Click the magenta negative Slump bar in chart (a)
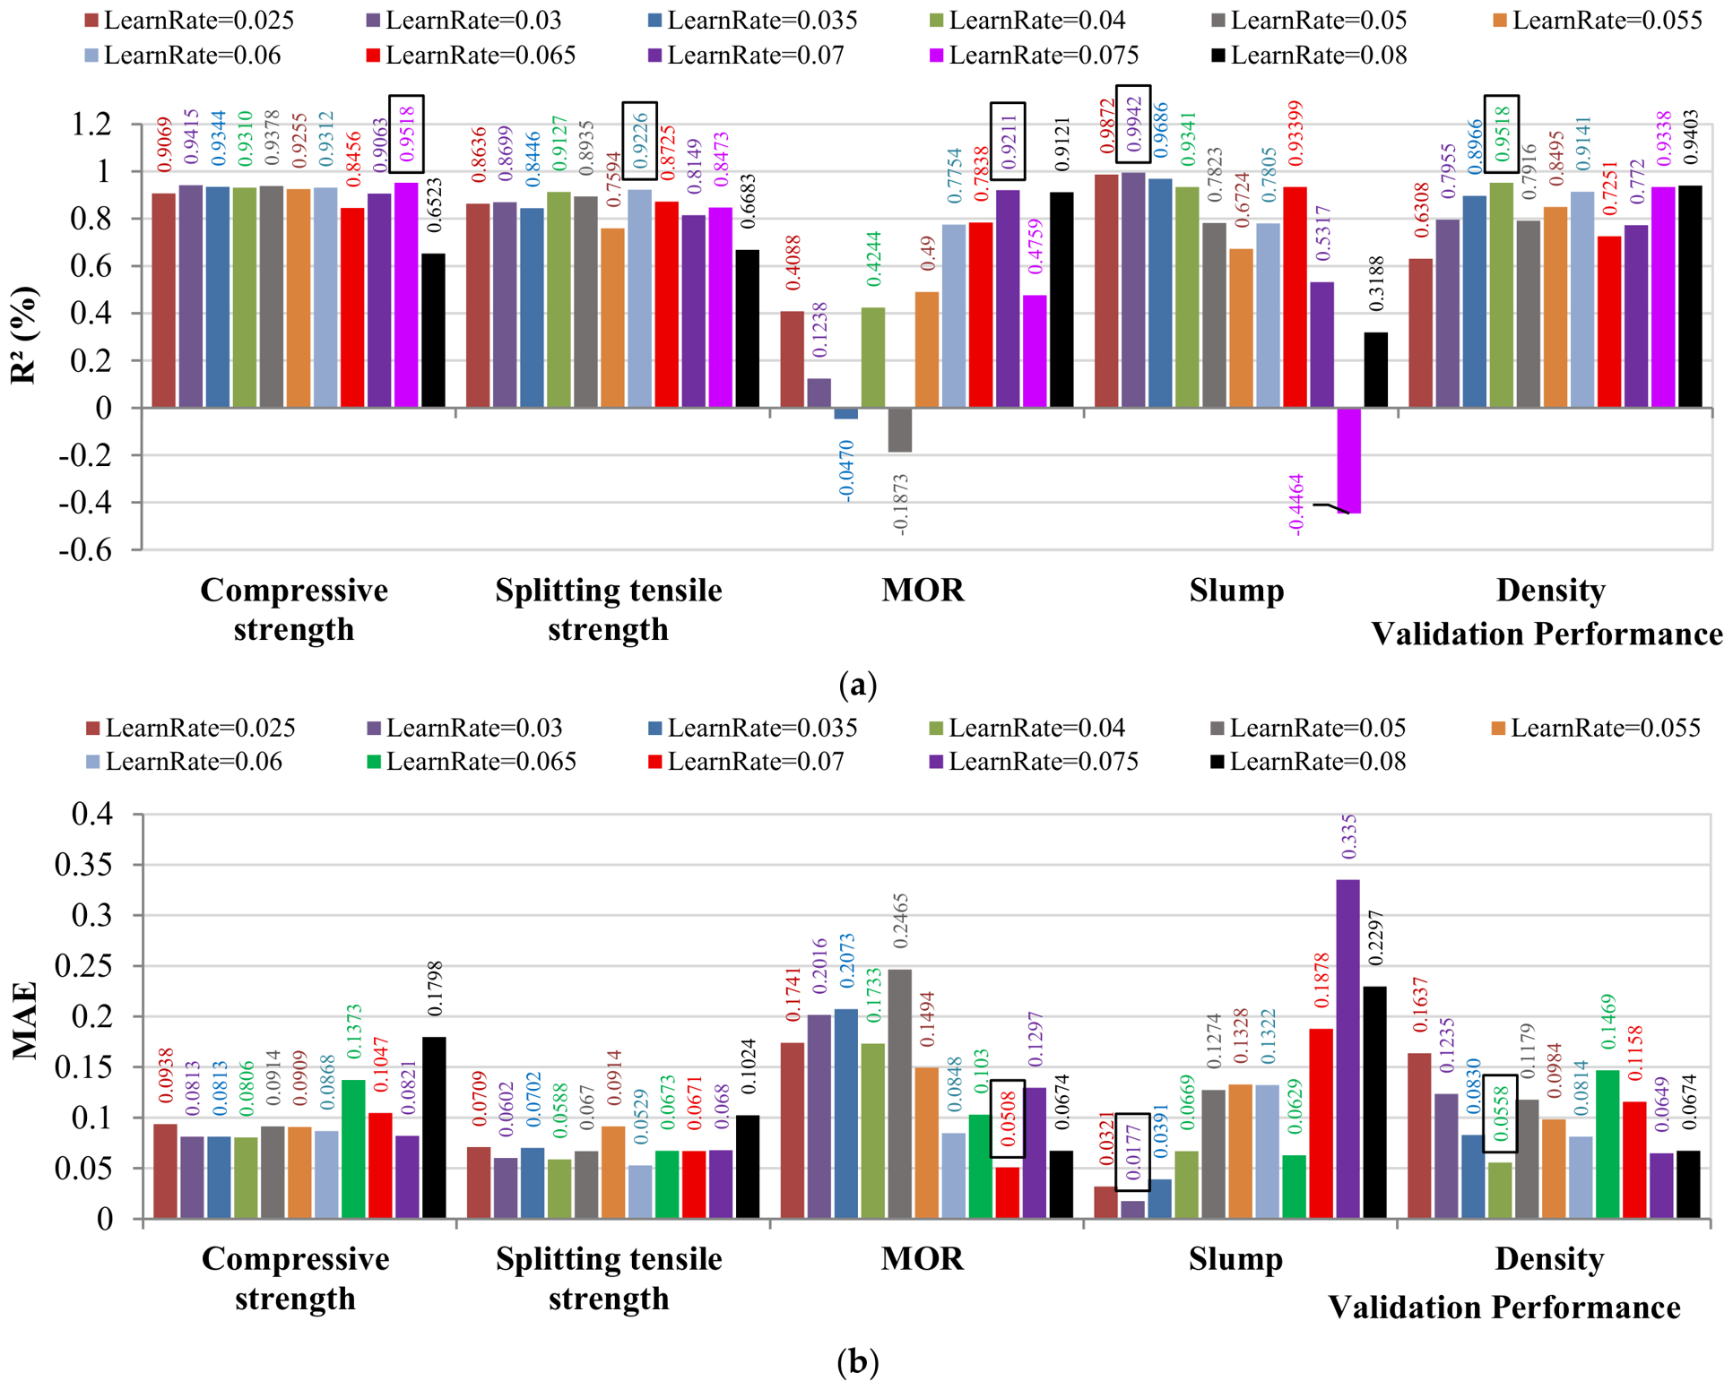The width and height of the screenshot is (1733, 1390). pyautogui.click(x=1348, y=461)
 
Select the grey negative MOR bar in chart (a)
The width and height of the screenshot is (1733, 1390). pyautogui.click(x=900, y=430)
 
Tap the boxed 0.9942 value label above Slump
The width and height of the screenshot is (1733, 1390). pyautogui.click(x=1133, y=125)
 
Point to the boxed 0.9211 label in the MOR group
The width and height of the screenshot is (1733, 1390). pyautogui.click(x=1008, y=141)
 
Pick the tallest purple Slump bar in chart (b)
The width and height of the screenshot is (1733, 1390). pyautogui.click(x=1347, y=1049)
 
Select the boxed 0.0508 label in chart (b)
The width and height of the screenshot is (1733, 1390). pyautogui.click(x=1008, y=1118)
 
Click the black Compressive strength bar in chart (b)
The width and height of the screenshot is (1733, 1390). pyautogui.click(x=434, y=1127)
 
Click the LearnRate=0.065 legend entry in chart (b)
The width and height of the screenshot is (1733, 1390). pyautogui.click(x=472, y=762)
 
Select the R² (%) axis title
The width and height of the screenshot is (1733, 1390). pyautogui.click(x=24, y=335)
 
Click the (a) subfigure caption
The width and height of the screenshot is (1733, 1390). pyautogui.click(x=857, y=685)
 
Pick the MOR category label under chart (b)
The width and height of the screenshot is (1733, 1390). pyautogui.click(x=923, y=1258)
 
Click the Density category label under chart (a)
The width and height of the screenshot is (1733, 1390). pyautogui.click(x=1550, y=591)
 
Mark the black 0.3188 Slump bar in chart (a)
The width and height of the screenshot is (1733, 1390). pyautogui.click(x=1375, y=370)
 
